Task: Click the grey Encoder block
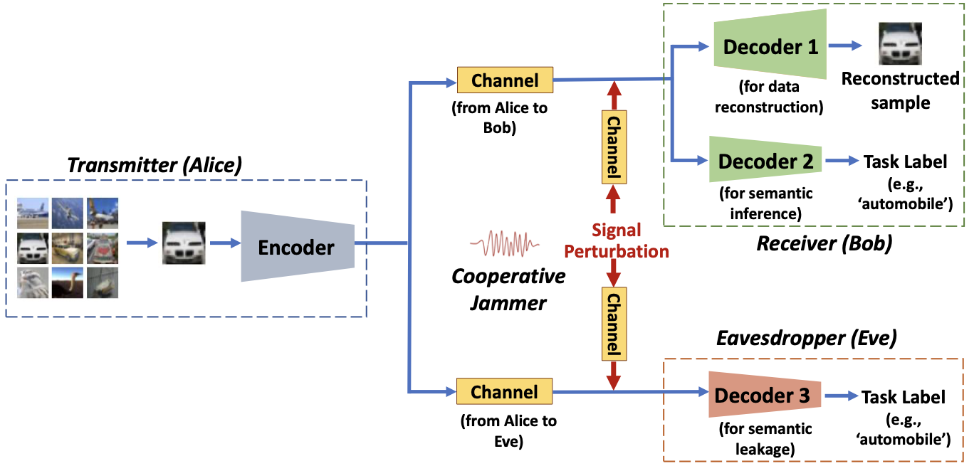tap(297, 247)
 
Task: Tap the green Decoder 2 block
tap(765, 161)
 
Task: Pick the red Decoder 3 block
tap(763, 396)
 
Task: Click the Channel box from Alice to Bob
tap(505, 80)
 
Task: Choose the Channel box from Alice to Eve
tap(505, 392)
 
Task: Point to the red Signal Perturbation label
tap(617, 240)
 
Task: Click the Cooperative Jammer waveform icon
tap(504, 245)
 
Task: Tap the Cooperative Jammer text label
tap(508, 290)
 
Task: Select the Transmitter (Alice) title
tap(155, 165)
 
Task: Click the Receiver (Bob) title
tap(824, 244)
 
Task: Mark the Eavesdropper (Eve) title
tap(805, 339)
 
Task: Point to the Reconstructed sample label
tap(900, 90)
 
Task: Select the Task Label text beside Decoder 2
tap(905, 161)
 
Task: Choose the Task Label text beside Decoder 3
tap(904, 397)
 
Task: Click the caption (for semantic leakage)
tap(765, 438)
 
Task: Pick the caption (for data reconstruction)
tap(768, 97)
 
